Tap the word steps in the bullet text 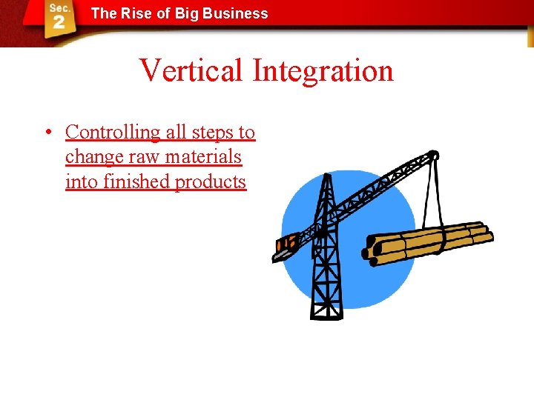(211, 133)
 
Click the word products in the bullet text (210, 181)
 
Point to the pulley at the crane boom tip (432, 156)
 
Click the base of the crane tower (326, 309)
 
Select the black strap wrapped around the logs (439, 241)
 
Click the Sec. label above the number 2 (59, 7)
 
